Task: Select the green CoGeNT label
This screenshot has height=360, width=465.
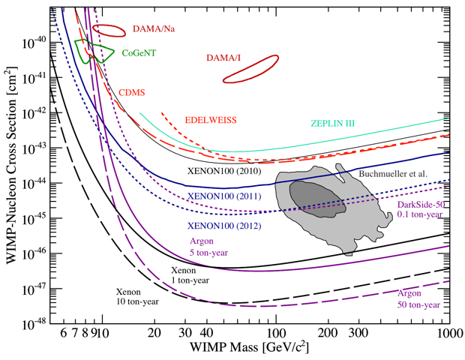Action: click(139, 53)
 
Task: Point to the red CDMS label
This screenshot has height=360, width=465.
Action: click(132, 93)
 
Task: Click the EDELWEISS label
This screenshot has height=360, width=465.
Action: click(211, 119)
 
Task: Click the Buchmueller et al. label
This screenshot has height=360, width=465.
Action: click(394, 173)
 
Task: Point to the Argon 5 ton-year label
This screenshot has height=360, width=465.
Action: click(207, 244)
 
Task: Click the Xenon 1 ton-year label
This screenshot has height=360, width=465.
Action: click(186, 274)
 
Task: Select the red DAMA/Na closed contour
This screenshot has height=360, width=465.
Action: click(109, 30)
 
